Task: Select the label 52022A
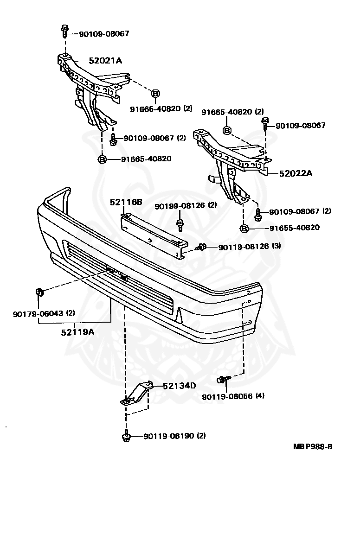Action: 296,174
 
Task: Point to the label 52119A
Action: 77,332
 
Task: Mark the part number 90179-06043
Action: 39,313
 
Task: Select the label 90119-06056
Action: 227,396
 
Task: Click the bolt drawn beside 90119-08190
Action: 126,436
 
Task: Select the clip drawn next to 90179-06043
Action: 39,292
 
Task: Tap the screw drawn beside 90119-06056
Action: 222,380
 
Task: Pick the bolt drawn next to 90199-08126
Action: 180,224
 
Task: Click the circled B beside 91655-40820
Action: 244,228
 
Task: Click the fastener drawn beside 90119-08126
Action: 202,247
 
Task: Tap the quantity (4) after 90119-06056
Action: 260,396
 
